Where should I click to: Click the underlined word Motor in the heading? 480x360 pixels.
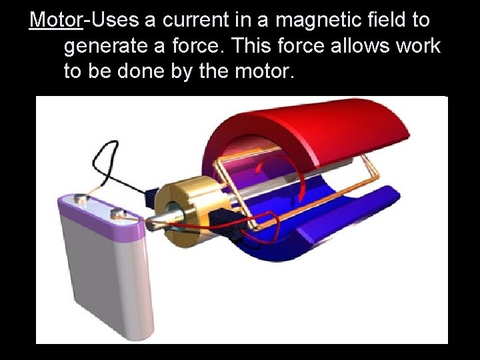coord(56,20)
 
